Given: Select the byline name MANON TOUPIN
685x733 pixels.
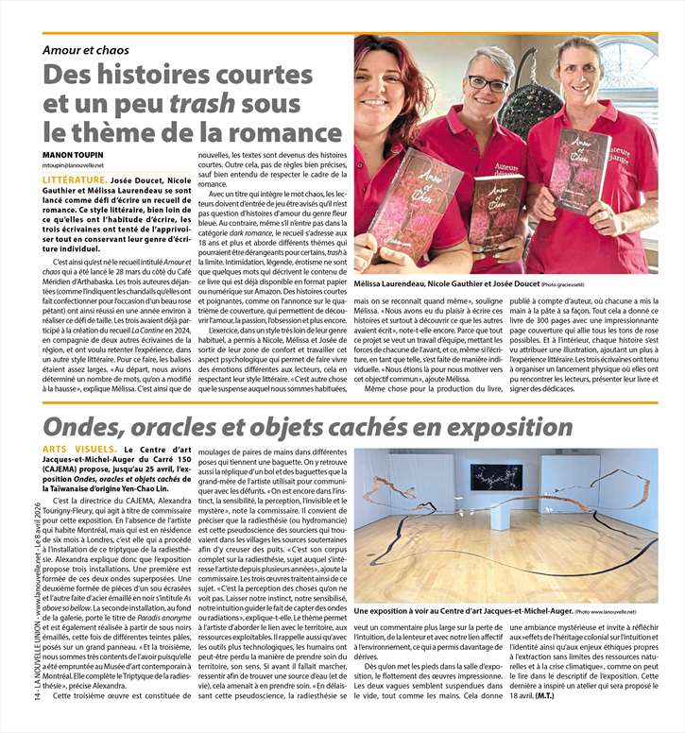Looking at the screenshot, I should tap(72, 154).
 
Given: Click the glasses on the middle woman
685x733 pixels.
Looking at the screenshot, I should tap(488, 85).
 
